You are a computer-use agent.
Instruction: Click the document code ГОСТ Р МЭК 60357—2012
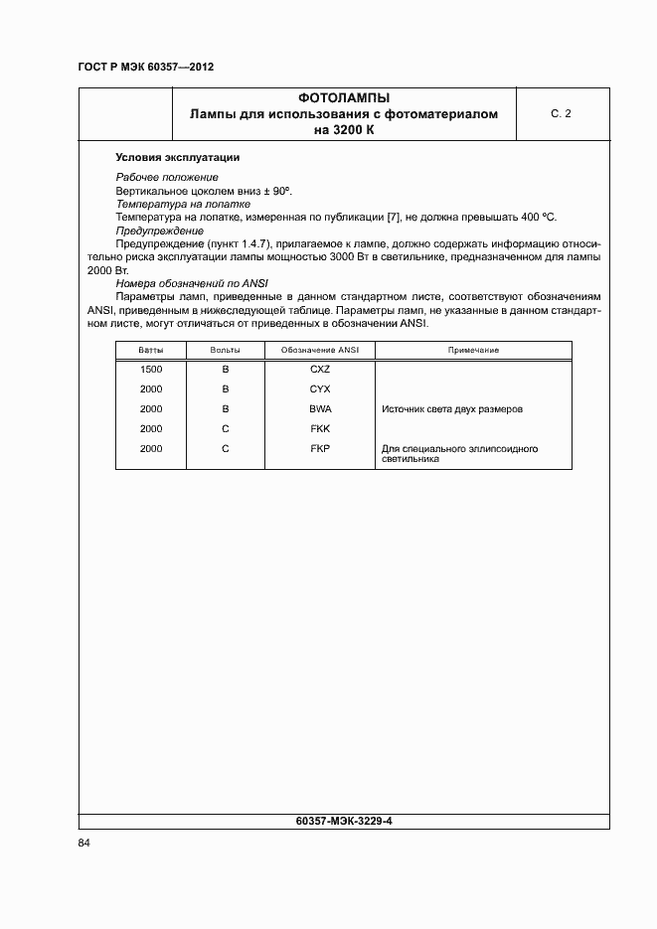(x=145, y=67)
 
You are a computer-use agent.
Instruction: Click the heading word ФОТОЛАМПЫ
(x=344, y=98)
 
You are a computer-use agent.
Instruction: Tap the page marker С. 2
(x=561, y=114)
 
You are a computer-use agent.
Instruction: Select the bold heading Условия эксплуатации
(x=177, y=157)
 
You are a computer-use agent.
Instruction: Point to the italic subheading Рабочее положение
(x=167, y=177)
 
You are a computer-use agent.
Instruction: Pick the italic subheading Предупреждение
(x=159, y=230)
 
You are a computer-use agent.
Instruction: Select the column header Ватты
(x=152, y=351)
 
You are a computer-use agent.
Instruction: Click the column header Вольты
(x=226, y=351)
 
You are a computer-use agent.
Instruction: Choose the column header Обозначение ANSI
(x=319, y=351)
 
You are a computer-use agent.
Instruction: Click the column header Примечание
(x=473, y=351)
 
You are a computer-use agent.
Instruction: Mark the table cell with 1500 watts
(x=151, y=370)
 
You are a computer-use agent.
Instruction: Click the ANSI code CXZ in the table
(x=319, y=370)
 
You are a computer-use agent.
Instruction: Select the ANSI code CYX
(x=319, y=389)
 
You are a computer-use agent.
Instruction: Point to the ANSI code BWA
(x=319, y=409)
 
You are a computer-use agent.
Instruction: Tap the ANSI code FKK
(x=319, y=429)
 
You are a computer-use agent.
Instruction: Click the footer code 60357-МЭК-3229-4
(x=344, y=821)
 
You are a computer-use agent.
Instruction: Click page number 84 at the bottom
(x=83, y=844)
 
